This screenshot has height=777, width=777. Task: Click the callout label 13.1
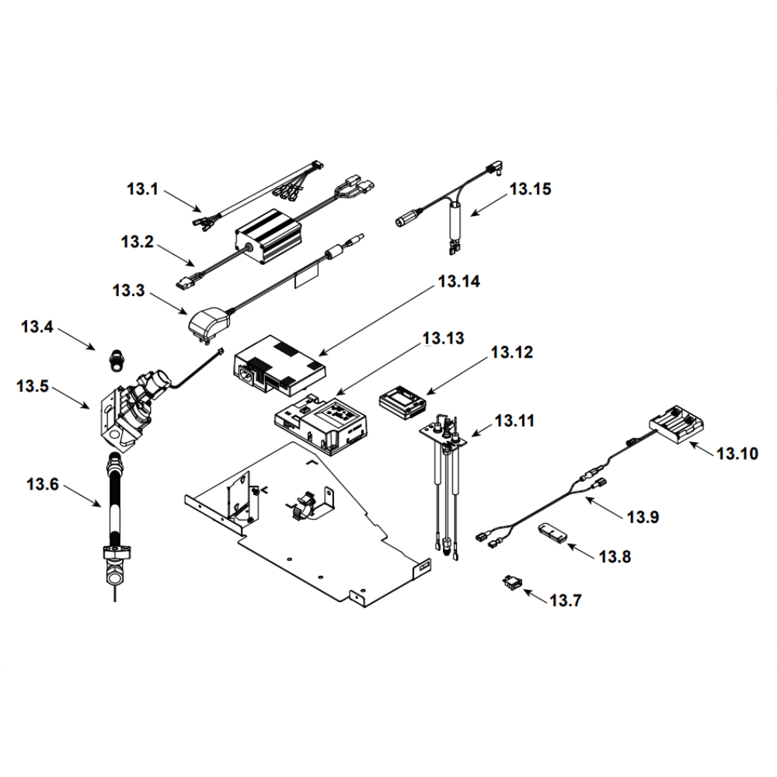[x=142, y=188]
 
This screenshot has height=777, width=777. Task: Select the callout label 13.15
[x=531, y=189]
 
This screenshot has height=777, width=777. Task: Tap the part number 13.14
[x=459, y=282]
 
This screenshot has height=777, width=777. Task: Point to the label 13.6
[x=42, y=484]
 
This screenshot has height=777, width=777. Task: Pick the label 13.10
[x=737, y=452]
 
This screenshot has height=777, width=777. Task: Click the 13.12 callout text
[x=511, y=353]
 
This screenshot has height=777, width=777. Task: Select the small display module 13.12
[x=403, y=402]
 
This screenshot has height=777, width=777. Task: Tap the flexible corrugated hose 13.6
[x=115, y=505]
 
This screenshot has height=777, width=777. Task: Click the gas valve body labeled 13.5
[x=124, y=412]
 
